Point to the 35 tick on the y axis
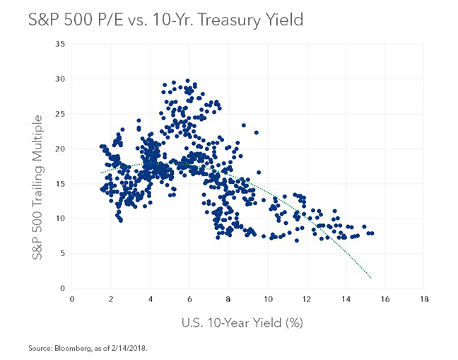(60, 45)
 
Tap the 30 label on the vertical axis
(60, 79)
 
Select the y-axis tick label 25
(60, 114)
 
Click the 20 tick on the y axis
(60, 149)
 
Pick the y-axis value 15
(60, 184)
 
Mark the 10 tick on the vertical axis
(60, 219)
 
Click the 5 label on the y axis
(62, 253)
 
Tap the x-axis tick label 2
(111, 299)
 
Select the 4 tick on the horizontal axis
(150, 299)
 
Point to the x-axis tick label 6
(189, 299)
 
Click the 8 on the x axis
(228, 299)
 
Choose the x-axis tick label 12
(306, 299)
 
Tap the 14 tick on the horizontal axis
(345, 299)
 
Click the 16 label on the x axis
(384, 299)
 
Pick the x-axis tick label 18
(423, 299)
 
